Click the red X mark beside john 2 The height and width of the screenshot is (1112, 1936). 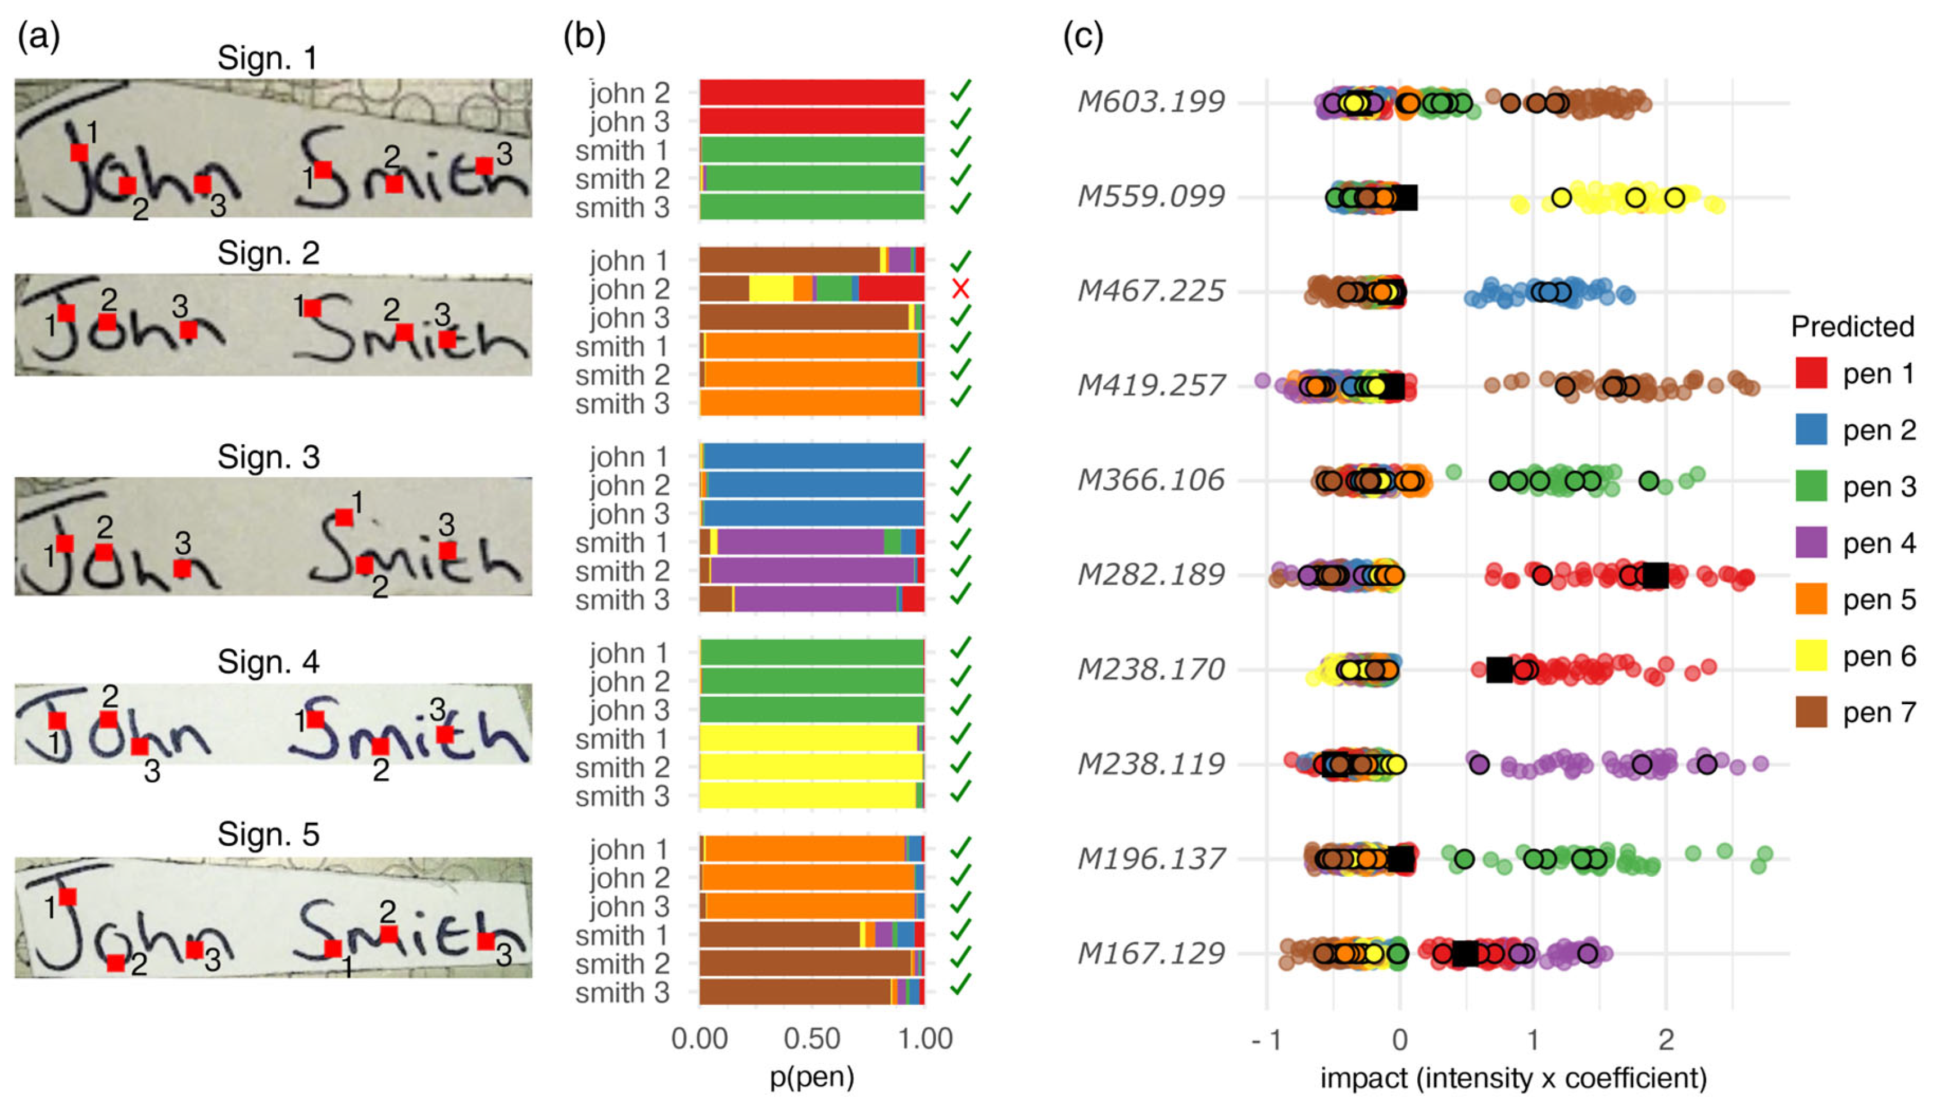click(960, 289)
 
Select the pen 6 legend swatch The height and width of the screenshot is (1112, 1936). click(1811, 656)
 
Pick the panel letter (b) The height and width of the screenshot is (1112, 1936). click(584, 36)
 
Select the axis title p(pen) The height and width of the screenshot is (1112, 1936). click(811, 1077)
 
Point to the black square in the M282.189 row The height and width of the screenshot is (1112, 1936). click(1655, 575)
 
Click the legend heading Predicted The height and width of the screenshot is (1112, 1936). click(1852, 327)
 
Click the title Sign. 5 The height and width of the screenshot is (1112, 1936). click(268, 835)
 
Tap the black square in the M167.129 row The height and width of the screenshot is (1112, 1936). click(1466, 954)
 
